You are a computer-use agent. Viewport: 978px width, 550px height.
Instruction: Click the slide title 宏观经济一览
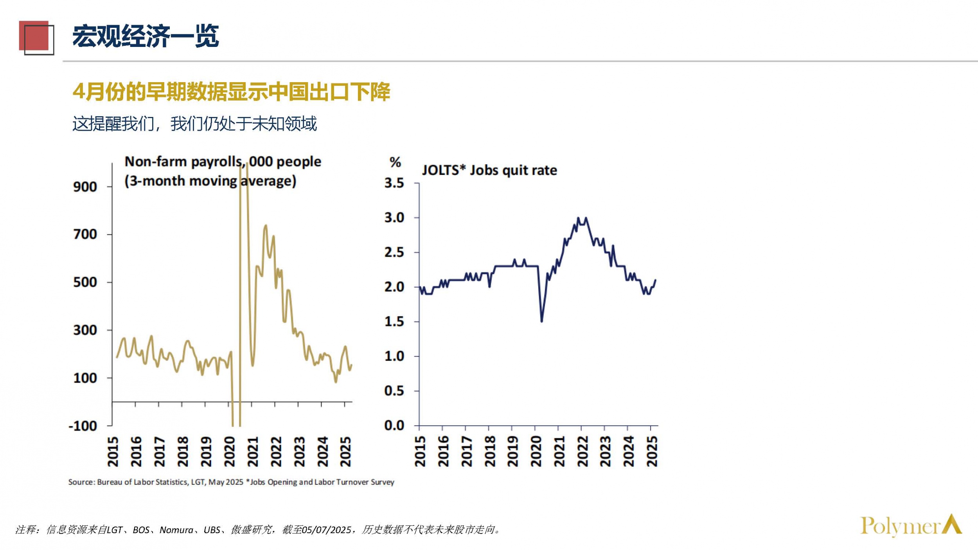pos(146,36)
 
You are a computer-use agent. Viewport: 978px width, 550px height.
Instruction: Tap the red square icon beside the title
pos(34,36)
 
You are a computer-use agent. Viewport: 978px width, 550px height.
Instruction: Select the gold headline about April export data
pos(231,92)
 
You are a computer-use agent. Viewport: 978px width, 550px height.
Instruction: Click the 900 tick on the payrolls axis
pos(85,187)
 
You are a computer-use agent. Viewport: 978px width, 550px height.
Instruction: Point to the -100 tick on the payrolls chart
pos(83,426)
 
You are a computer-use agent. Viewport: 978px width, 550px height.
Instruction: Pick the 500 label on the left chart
pos(85,282)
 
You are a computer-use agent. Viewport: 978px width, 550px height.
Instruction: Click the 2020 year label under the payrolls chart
pos(230,452)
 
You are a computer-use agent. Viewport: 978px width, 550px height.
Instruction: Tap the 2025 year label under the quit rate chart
pos(652,452)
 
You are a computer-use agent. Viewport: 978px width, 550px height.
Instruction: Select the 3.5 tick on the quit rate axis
pos(394,183)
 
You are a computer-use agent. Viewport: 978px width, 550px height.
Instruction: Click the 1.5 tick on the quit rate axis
pos(394,322)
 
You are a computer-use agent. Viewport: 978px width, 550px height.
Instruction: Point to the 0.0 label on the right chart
pos(394,426)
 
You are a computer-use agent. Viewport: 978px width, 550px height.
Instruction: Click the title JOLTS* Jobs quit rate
pos(489,171)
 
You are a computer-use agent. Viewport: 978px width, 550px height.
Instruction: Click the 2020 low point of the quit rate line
pos(542,321)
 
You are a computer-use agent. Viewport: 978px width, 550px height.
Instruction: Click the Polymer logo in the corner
pos(911,526)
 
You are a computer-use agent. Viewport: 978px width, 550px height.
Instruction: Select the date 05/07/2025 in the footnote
pos(327,530)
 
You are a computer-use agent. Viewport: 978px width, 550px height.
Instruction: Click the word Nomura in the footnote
pos(176,530)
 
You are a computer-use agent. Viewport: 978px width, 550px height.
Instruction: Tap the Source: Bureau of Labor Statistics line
pos(231,482)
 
